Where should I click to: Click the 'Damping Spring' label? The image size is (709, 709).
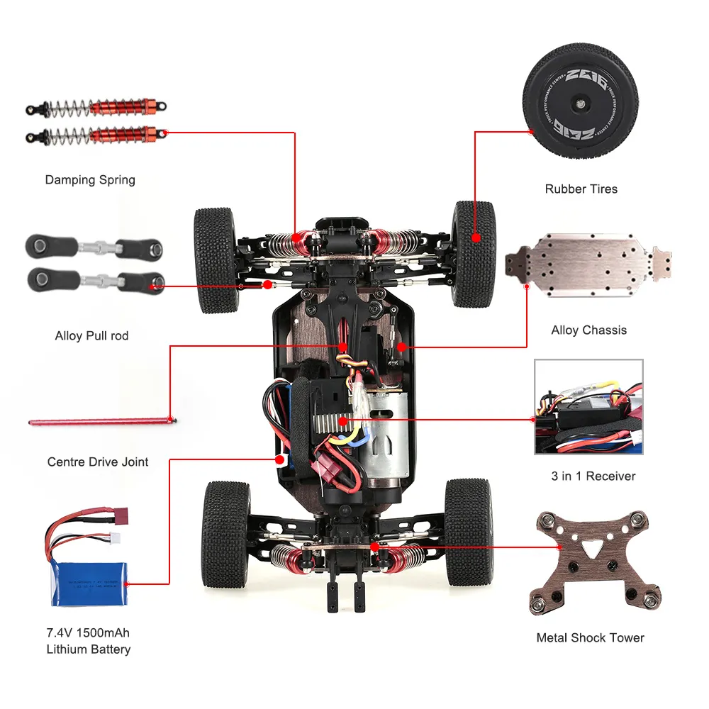pos(90,179)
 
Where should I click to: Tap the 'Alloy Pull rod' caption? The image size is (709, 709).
pos(91,335)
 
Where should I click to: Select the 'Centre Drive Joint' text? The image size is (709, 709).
pos(98,462)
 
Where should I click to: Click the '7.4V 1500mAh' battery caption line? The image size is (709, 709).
pos(89,632)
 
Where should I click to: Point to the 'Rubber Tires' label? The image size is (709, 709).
pos(581,189)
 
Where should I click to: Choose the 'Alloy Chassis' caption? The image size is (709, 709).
pos(588,330)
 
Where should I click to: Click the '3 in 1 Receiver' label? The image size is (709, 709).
pos(593,476)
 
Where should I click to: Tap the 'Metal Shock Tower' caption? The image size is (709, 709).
pos(590,637)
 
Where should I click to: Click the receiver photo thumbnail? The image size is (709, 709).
pos(588,406)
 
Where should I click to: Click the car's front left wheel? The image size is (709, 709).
pos(216,259)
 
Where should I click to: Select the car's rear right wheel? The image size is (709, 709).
pos(468,532)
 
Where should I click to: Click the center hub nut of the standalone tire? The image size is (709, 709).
pos(581,104)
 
